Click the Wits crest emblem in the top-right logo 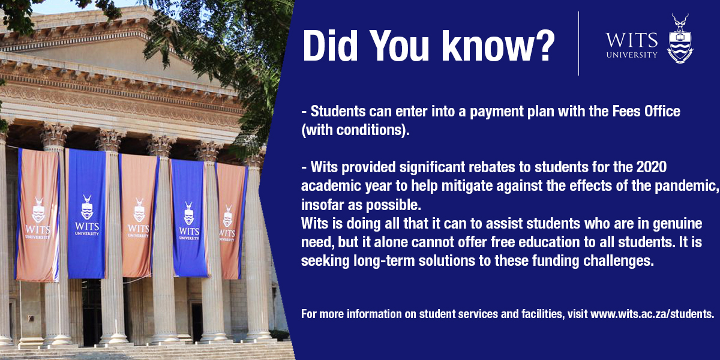680,38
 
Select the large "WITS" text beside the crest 631,41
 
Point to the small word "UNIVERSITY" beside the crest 632,55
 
